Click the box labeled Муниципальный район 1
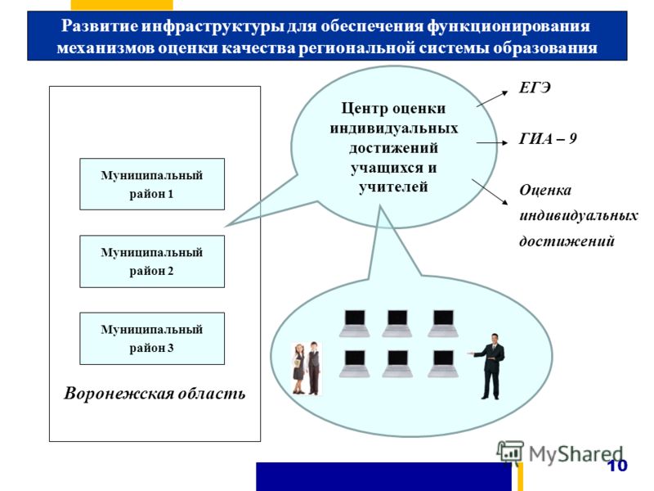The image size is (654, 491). point(152,184)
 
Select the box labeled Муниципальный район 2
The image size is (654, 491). point(152,261)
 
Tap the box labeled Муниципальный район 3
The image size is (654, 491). point(152,339)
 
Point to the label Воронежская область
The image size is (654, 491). point(155,394)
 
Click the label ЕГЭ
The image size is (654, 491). point(535,88)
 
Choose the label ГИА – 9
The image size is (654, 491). point(548,138)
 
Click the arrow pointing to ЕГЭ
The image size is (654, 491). point(492,99)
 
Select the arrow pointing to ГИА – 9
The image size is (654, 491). point(492,142)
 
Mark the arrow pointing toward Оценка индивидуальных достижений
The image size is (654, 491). point(490,192)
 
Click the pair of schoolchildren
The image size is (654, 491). point(307,368)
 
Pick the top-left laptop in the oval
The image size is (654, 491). point(355,323)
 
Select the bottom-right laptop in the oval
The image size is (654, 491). point(443,363)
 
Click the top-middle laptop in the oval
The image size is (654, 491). point(397,323)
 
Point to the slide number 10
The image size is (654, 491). point(617,466)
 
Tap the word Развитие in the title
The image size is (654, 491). point(99,26)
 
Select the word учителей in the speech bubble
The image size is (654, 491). point(393,187)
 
